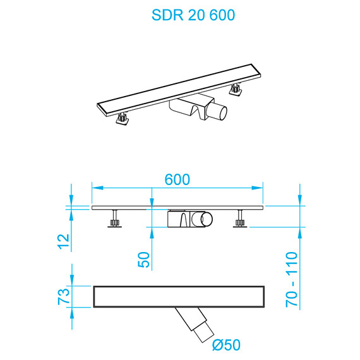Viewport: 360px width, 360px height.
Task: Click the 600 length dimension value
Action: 177,179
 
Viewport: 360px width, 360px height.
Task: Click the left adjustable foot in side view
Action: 114,221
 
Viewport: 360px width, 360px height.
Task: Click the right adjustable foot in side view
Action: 240,221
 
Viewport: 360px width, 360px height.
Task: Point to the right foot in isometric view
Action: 236,89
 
